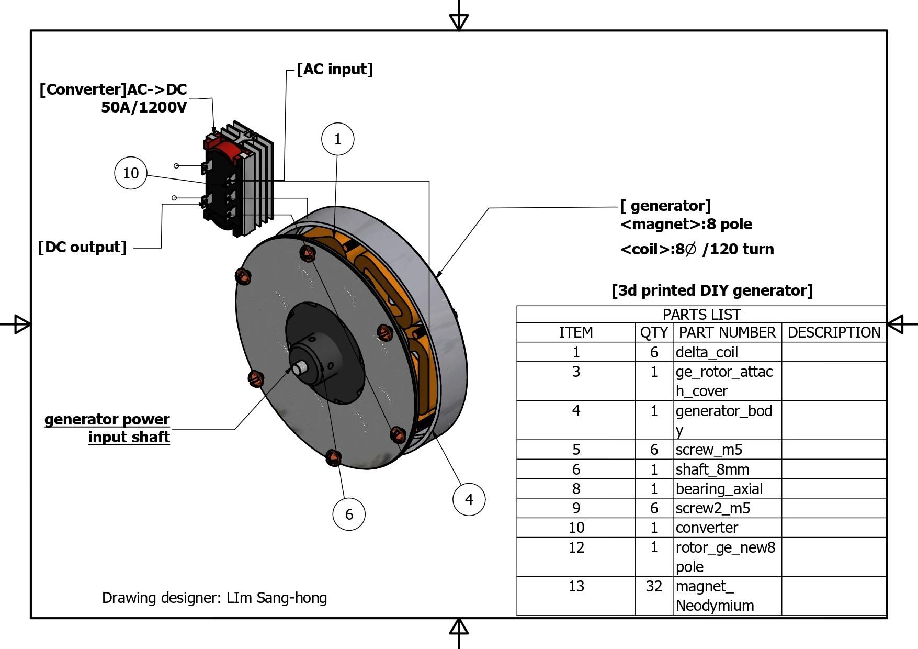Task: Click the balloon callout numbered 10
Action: [130, 173]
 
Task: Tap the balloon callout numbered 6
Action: [349, 514]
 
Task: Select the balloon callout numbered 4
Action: [469, 499]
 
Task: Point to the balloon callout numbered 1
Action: [337, 139]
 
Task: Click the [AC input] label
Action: [335, 69]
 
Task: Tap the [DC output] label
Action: [83, 247]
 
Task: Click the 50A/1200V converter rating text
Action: [144, 107]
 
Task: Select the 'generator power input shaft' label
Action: [107, 428]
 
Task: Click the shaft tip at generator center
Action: [299, 369]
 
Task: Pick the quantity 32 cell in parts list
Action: [654, 586]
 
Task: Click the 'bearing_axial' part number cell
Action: [719, 489]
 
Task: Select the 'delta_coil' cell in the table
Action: [707, 352]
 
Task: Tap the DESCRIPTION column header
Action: [834, 332]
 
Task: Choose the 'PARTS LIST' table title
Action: [701, 315]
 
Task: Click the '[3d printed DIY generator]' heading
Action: [712, 290]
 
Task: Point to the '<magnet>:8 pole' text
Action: [686, 224]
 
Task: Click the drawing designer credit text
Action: [214, 598]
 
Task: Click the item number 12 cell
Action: [576, 547]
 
